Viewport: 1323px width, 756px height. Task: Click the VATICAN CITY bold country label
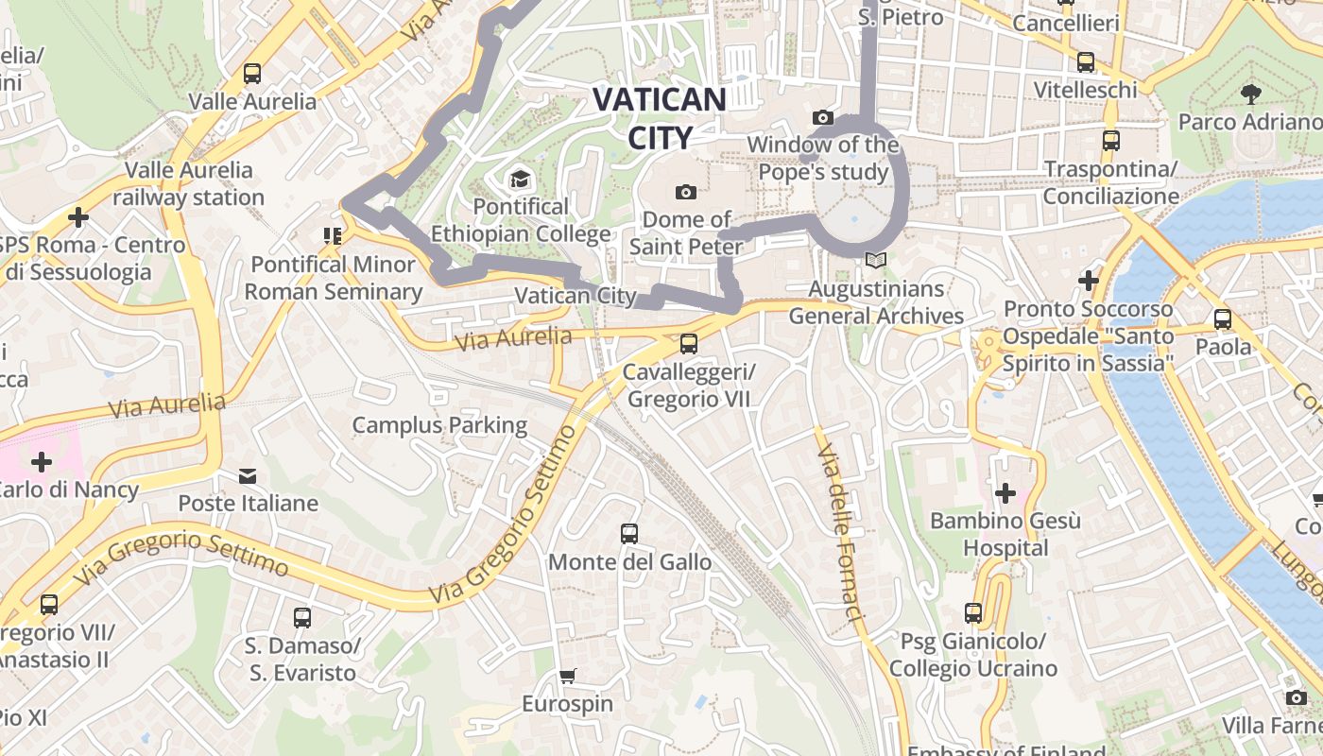pos(660,118)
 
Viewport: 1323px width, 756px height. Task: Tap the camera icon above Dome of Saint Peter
pos(686,192)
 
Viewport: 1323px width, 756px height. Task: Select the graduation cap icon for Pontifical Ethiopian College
pos(520,179)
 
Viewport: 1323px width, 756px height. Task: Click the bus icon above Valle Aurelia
pos(252,74)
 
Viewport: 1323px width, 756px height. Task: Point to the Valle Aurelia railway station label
pos(189,183)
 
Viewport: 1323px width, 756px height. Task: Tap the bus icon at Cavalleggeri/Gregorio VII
pos(689,344)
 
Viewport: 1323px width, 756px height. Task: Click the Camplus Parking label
pos(439,425)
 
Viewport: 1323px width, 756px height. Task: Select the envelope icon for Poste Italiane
pos(248,475)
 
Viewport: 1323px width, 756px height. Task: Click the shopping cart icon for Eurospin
pos(567,676)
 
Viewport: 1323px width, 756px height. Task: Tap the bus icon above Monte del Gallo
pos(629,534)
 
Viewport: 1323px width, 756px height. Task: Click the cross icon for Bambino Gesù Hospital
pos(1005,492)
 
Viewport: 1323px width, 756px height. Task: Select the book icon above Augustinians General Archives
pos(876,260)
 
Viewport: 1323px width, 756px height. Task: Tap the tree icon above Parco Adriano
pos(1251,94)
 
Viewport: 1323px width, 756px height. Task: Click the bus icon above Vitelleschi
pos(1086,62)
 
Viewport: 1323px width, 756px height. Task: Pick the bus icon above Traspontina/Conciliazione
pos(1111,141)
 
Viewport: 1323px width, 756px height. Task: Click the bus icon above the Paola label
pos(1223,319)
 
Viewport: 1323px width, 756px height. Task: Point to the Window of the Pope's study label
pos(822,158)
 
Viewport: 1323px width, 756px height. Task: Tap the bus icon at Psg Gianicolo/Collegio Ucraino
pos(973,613)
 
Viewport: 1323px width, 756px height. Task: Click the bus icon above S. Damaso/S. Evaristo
pos(302,618)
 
